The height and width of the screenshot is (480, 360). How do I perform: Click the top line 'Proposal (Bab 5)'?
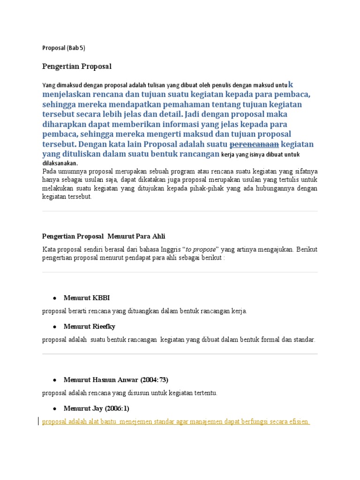[x=64, y=48]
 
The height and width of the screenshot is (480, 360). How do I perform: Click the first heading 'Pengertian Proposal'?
[x=77, y=66]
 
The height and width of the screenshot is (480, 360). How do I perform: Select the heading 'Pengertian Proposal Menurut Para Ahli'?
[x=104, y=236]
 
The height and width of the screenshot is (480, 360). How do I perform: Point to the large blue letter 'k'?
[x=291, y=84]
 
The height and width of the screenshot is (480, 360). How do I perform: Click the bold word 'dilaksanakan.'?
[x=60, y=163]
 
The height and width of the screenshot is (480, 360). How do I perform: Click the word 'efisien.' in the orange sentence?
[x=298, y=421]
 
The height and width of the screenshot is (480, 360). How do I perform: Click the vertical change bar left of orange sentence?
[x=38, y=421]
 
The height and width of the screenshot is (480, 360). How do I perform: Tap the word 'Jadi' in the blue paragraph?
[x=193, y=114]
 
